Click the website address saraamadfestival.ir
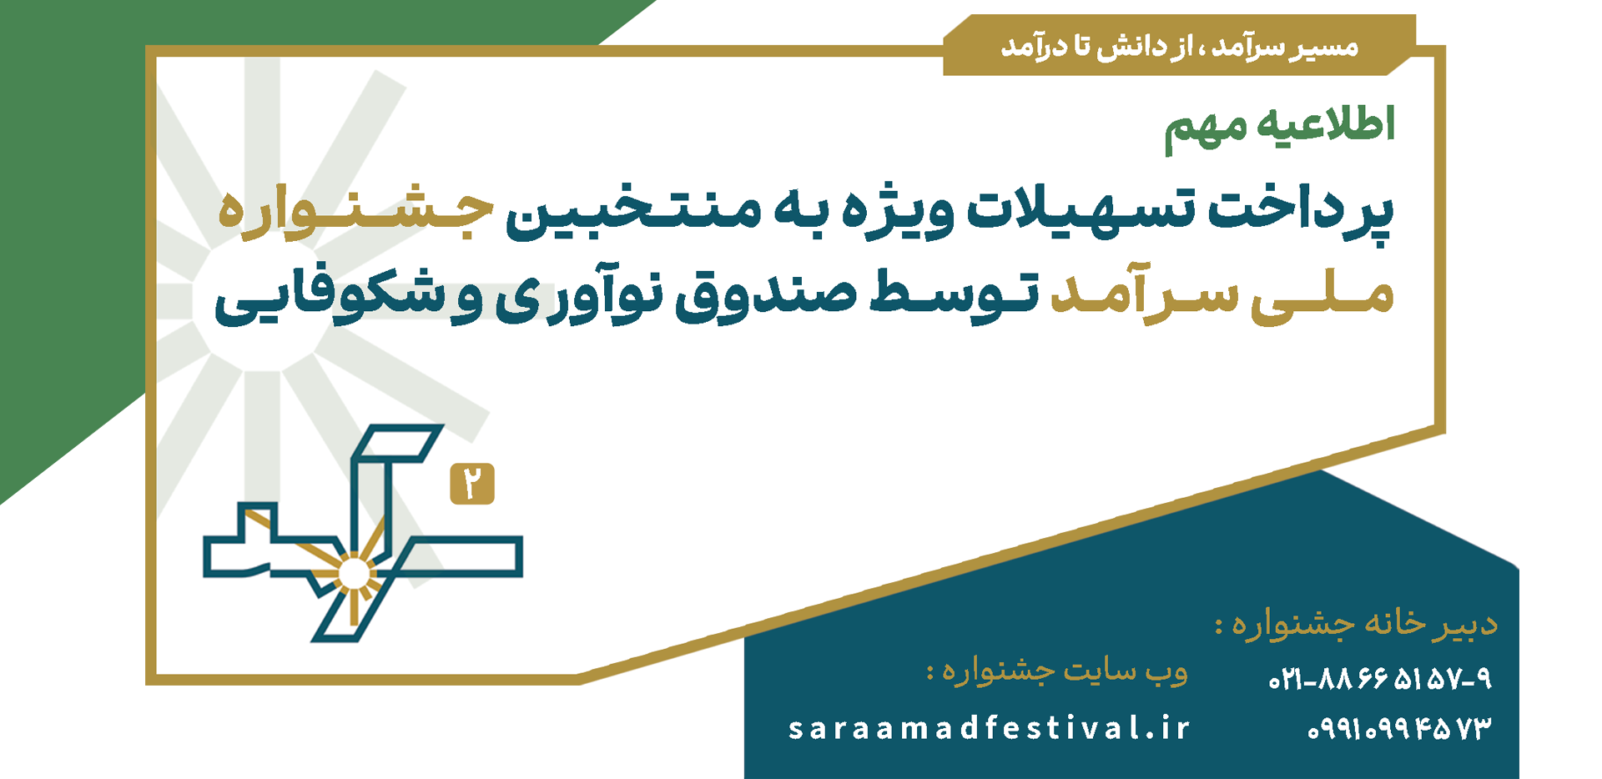989,729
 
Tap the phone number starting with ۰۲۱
1380,680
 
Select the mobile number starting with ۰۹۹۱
1399,729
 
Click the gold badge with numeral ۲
472,484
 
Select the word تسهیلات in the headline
1081,210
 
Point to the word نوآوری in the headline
578,298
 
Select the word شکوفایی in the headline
330,300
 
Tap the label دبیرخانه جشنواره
1356,624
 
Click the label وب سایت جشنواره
1057,671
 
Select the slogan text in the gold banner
1180,47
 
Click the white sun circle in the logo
353,575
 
